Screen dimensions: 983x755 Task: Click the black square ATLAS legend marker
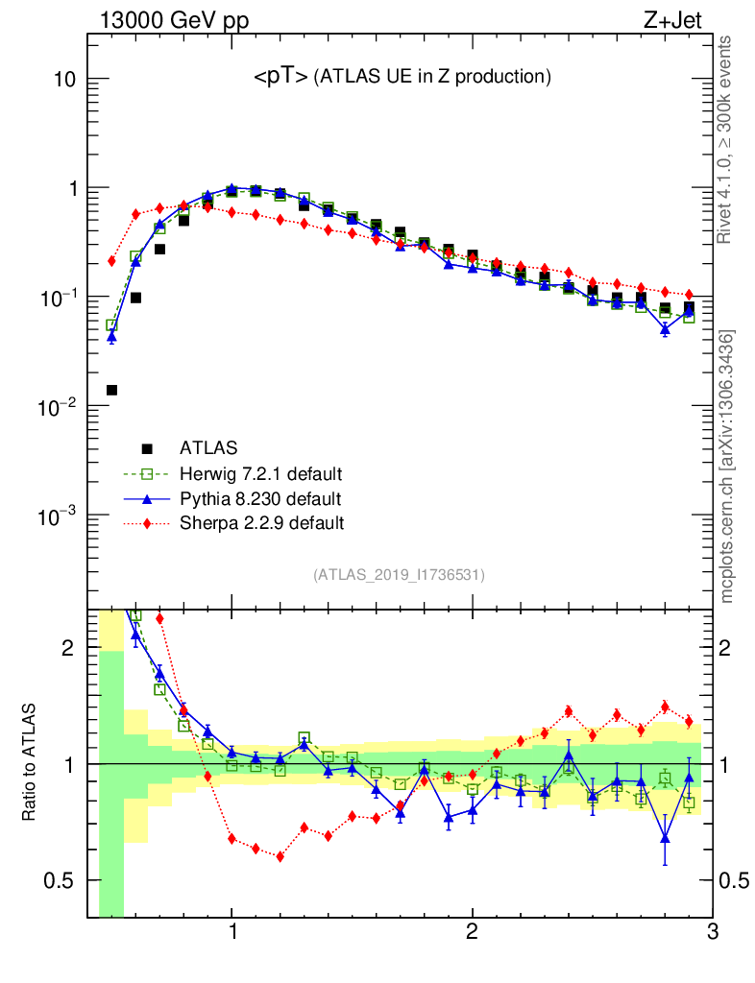pos(147,448)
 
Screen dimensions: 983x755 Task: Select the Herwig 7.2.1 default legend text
pos(261,474)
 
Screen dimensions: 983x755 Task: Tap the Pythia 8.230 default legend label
pos(260,499)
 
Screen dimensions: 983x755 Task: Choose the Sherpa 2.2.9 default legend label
pos(261,523)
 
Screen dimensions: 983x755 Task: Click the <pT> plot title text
pos(402,77)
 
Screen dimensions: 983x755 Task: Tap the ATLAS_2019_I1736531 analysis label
pos(399,575)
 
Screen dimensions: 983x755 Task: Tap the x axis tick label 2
pos(472,932)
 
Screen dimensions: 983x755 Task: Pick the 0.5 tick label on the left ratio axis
pos(60,880)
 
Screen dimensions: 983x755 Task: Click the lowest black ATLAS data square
pos(111,390)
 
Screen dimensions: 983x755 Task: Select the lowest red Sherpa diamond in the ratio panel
pos(280,856)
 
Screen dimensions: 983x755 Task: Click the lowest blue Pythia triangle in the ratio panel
pos(665,838)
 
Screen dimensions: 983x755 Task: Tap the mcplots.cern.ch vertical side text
pos(727,467)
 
